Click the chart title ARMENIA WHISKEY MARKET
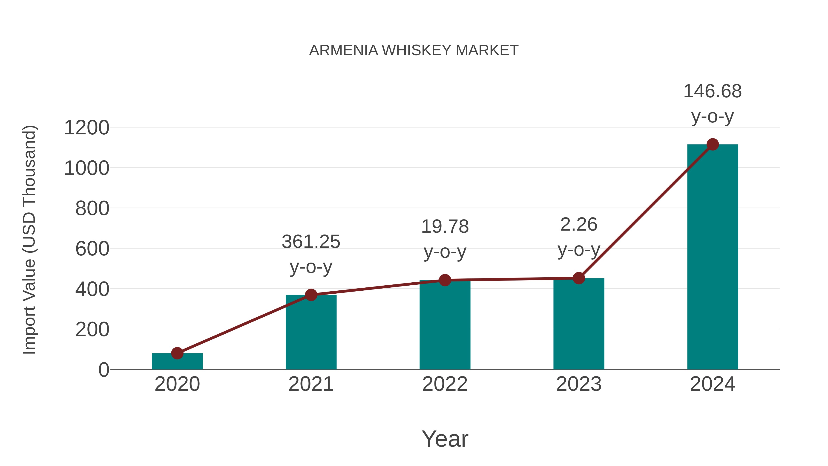click(414, 50)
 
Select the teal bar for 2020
click(177, 362)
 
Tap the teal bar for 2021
click(311, 334)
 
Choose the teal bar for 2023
click(579, 325)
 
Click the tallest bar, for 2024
click(713, 257)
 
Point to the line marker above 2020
click(177, 353)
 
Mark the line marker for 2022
click(445, 280)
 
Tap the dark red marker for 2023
click(579, 278)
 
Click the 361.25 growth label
click(311, 242)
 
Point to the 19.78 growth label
click(445, 226)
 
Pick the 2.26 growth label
click(579, 224)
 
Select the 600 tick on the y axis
click(92, 249)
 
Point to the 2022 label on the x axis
click(445, 384)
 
